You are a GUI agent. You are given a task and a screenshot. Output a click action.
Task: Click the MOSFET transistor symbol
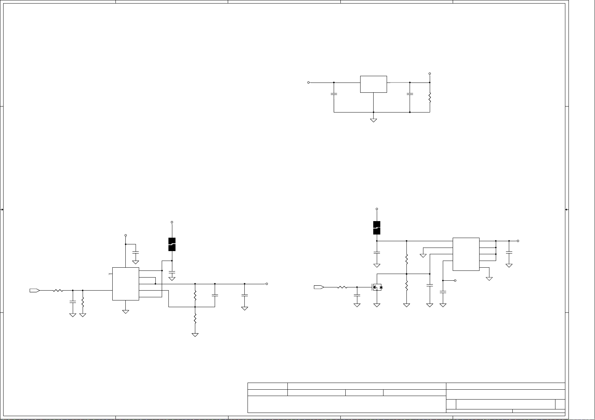[377, 287]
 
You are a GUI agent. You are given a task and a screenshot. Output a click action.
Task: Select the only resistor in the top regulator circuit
[430, 98]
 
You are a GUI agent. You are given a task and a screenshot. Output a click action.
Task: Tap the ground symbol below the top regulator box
[373, 120]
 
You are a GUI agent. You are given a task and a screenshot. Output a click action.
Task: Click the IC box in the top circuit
[373, 84]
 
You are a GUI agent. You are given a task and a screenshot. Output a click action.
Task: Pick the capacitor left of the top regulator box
[334, 94]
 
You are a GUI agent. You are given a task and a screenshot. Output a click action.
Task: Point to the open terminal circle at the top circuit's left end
[309, 83]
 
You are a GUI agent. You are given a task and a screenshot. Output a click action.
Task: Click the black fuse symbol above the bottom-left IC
[172, 244]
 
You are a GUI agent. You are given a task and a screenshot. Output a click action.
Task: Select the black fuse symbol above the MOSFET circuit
[377, 228]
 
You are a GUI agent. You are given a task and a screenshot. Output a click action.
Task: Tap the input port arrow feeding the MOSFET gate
[319, 287]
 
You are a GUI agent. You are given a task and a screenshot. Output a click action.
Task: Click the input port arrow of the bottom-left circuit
[34, 291]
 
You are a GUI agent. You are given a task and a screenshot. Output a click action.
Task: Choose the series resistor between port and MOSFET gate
[342, 287]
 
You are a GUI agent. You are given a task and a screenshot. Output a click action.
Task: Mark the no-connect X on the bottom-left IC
[109, 274]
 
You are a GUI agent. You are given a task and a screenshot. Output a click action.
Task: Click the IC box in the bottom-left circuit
[125, 284]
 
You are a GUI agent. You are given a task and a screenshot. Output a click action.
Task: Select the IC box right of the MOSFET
[466, 254]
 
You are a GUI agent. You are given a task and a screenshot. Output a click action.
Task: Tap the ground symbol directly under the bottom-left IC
[125, 311]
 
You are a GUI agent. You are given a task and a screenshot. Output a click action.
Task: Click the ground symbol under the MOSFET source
[377, 305]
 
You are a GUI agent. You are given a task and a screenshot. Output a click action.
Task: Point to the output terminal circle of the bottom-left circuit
[267, 284]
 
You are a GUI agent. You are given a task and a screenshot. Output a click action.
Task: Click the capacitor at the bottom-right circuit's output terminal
[509, 252]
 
